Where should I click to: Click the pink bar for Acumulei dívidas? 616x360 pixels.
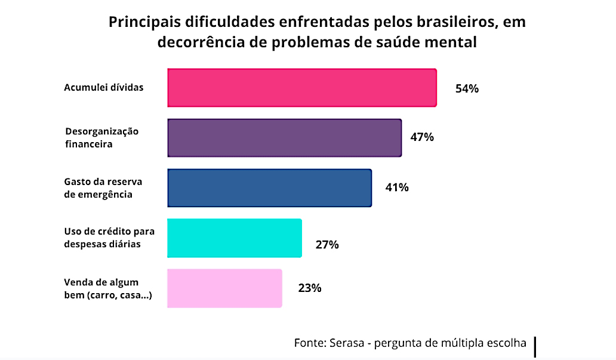[x=302, y=88]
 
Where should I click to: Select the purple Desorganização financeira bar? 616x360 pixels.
[x=284, y=138]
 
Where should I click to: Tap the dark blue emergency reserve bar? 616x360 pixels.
[x=269, y=188]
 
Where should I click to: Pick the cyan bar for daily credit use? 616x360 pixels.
[x=235, y=238]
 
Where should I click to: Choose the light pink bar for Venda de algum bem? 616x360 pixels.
[x=224, y=288]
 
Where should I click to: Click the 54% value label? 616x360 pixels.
[x=467, y=89]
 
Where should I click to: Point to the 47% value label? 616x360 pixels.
[x=421, y=137]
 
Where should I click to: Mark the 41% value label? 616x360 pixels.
[x=396, y=187]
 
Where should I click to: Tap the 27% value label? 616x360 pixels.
[x=327, y=244]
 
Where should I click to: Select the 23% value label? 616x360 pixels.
[x=310, y=288]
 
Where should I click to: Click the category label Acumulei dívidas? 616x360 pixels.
[x=104, y=87]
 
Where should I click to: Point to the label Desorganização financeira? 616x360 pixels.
[x=101, y=137]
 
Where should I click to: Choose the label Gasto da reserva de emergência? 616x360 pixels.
[x=98, y=187]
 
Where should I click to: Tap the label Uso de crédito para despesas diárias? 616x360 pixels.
[x=104, y=238]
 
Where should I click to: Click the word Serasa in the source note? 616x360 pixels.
[x=345, y=343]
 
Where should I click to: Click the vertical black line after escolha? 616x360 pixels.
[x=535, y=347]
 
